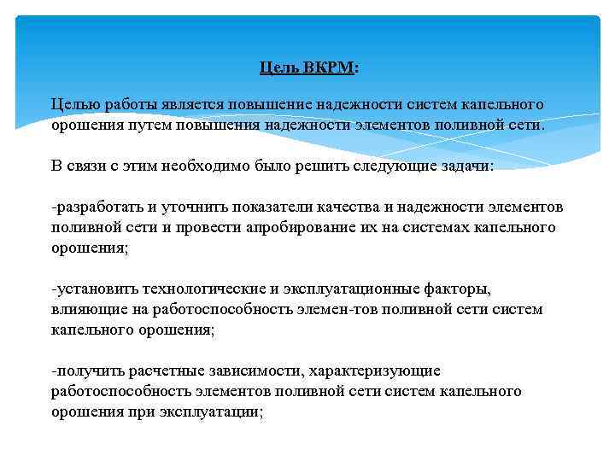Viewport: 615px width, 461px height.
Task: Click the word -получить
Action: coord(84,371)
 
